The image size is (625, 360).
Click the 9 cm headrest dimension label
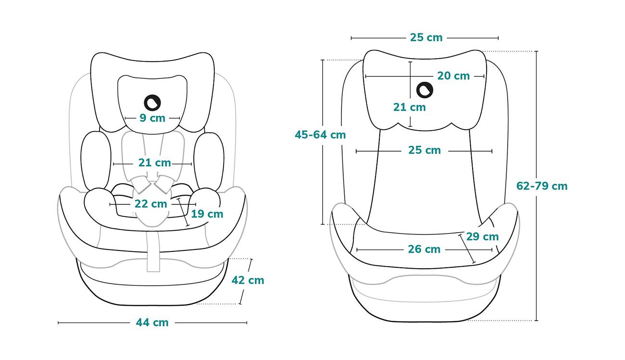152,118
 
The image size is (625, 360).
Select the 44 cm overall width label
152,323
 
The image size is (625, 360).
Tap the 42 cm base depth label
248,280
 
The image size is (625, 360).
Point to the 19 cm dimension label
207,214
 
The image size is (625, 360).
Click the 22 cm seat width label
150,204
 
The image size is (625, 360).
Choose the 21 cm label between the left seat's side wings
155,162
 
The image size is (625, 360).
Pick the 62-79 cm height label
542,186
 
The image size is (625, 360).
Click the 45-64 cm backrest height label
320,135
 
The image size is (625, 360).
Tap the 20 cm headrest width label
453,76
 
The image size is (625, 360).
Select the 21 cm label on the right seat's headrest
410,107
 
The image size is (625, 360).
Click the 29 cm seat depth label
482,236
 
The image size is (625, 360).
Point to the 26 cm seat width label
424,249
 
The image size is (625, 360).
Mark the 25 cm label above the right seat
426,37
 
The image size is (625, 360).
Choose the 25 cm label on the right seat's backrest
425,150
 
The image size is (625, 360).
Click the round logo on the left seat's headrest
152,103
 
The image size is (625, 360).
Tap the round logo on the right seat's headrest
425,90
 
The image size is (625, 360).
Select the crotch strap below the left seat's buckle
153,249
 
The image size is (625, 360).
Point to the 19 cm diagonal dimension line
183,212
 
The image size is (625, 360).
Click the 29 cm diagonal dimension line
466,249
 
